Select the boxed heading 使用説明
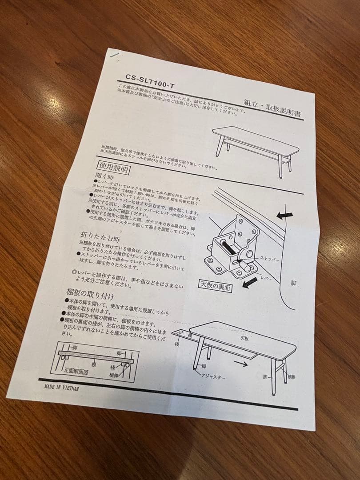(x=114, y=168)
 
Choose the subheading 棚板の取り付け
(x=90, y=295)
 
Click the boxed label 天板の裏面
(x=216, y=286)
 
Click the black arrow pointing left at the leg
(x=284, y=216)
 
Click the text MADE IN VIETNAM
(x=61, y=387)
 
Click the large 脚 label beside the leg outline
(x=293, y=283)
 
